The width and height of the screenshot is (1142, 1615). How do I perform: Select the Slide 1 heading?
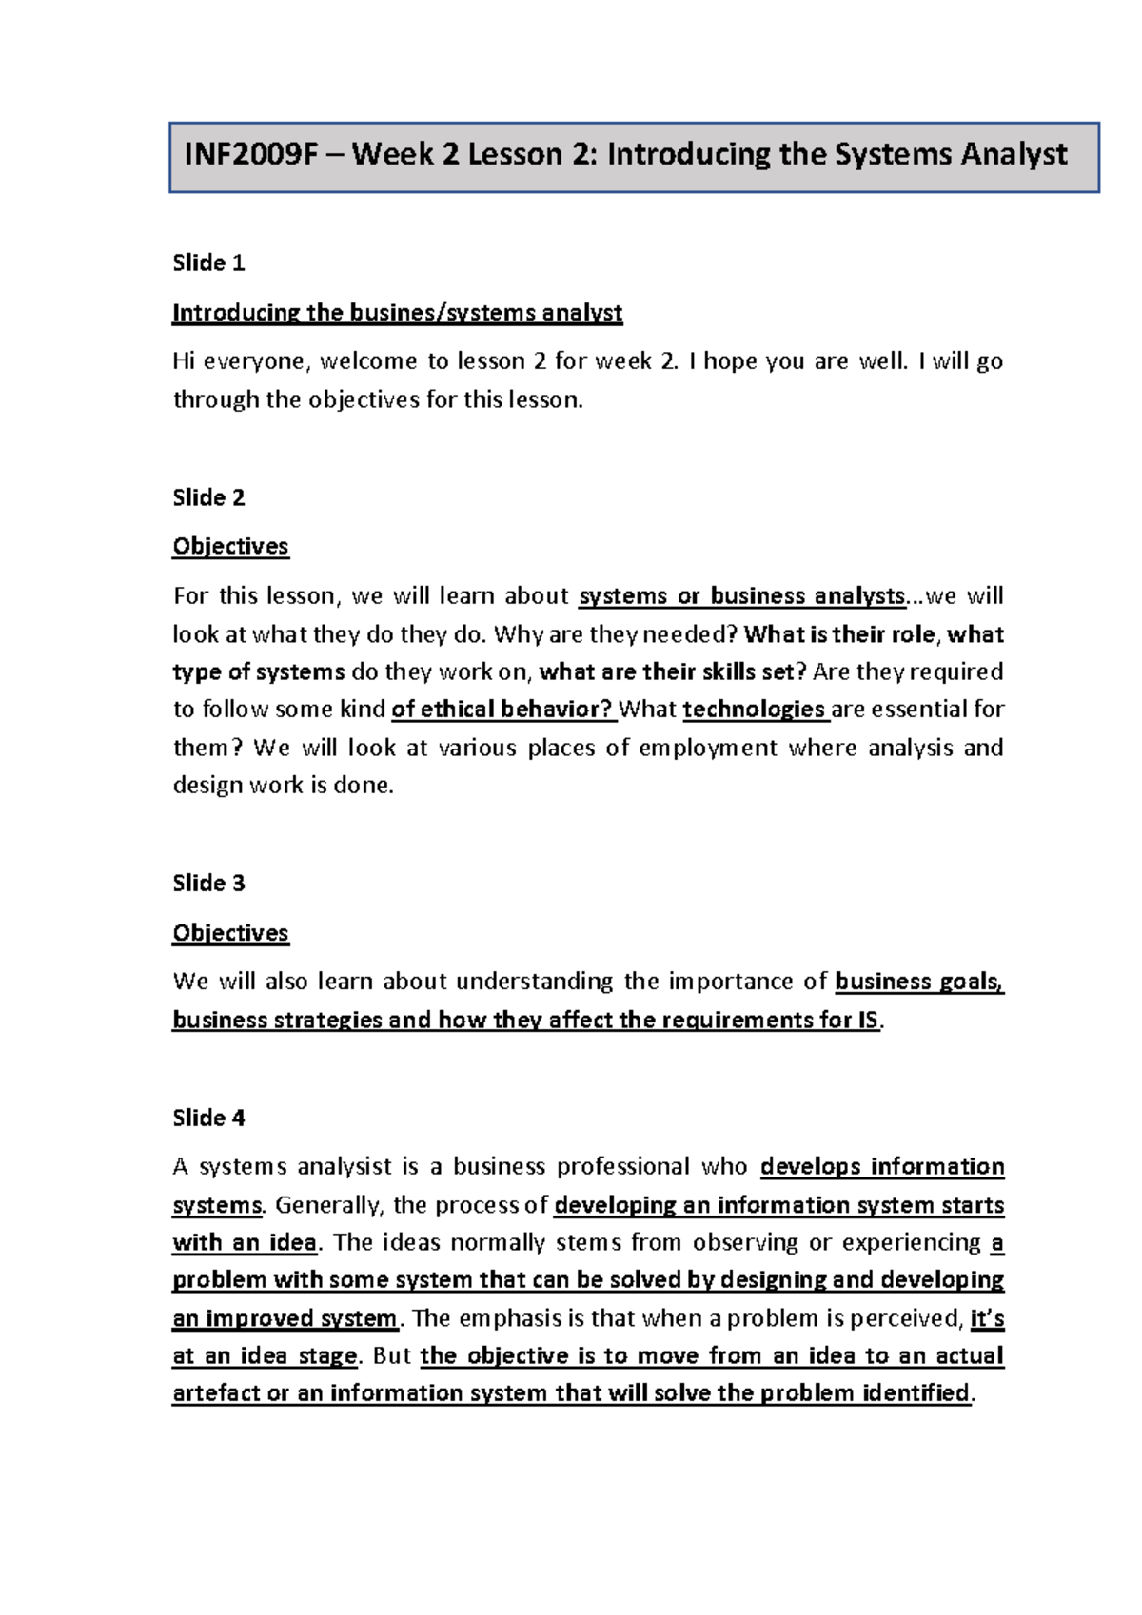pyautogui.click(x=208, y=263)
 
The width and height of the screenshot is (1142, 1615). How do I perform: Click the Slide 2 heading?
pyautogui.click(x=208, y=497)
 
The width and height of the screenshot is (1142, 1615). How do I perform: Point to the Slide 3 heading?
pyautogui.click(x=208, y=884)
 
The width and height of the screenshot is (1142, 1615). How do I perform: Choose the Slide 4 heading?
pyautogui.click(x=208, y=1118)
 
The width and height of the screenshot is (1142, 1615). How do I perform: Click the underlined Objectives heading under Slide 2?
pyautogui.click(x=230, y=547)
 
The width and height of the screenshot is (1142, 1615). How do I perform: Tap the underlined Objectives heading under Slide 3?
pyautogui.click(x=230, y=933)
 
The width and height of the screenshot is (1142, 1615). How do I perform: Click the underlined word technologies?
pyautogui.click(x=754, y=710)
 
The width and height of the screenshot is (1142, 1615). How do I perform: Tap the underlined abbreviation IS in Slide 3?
pyautogui.click(x=867, y=1021)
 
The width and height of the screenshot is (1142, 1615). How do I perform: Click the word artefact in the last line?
pyautogui.click(x=215, y=1393)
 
